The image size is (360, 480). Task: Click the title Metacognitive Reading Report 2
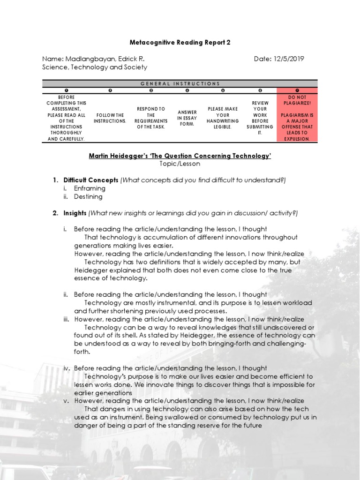tap(180, 42)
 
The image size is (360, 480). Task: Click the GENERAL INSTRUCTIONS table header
tap(180, 83)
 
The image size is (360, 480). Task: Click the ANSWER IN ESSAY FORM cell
tap(187, 118)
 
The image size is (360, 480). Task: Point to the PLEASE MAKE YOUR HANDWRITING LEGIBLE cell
tap(223, 118)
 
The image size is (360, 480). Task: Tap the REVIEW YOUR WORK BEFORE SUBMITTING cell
tap(260, 118)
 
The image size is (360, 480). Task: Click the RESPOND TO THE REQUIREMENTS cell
tap(150, 118)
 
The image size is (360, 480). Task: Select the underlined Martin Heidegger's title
tap(180, 156)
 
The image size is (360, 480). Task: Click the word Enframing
tap(90, 188)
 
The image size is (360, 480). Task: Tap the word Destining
tap(88, 197)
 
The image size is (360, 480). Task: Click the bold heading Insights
tap(75, 213)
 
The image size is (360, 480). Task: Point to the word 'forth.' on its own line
tap(82, 352)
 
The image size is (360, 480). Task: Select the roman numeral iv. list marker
tap(67, 368)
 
